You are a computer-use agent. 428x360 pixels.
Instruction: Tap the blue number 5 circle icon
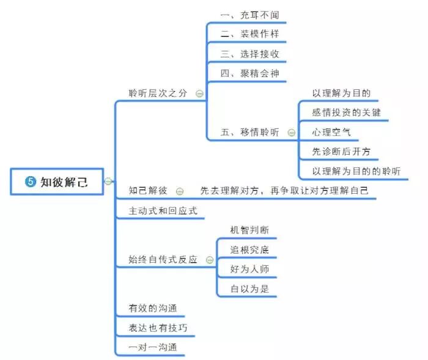click(30, 182)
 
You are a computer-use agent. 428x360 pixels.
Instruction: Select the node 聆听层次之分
click(158, 93)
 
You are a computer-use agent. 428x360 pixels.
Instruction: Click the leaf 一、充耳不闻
click(249, 14)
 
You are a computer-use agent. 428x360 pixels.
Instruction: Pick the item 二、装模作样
click(249, 34)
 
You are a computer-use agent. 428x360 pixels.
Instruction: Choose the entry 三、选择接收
click(249, 54)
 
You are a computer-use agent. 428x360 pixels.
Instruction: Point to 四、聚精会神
click(249, 73)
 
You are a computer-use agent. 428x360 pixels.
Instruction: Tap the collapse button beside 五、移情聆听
click(291, 133)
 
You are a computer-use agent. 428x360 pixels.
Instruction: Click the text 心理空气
click(331, 132)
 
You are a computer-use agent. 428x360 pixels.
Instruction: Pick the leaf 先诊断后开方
click(341, 152)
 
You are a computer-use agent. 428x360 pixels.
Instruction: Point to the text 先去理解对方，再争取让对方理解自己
click(284, 191)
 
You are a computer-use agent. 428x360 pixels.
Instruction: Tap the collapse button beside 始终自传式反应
click(210, 260)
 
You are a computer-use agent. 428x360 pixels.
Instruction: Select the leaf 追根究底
click(249, 249)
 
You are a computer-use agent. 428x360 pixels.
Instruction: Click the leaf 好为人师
click(249, 269)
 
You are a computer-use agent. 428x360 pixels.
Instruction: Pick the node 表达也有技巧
click(158, 328)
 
